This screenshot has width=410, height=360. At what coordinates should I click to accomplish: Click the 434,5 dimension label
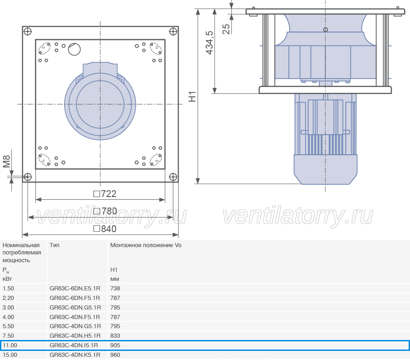210,43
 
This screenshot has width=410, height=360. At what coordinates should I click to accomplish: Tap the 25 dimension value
226,29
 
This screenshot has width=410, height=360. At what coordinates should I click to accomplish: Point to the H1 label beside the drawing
192,96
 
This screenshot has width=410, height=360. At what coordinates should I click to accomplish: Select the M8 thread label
6,161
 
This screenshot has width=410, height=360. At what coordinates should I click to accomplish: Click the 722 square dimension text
105,194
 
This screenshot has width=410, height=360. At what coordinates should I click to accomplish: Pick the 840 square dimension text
105,229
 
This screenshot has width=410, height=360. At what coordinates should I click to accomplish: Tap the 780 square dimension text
105,211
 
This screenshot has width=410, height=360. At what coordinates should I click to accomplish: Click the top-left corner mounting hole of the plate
27,31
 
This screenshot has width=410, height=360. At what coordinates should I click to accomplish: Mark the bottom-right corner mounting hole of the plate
173,177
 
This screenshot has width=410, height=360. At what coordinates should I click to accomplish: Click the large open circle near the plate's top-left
74,49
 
